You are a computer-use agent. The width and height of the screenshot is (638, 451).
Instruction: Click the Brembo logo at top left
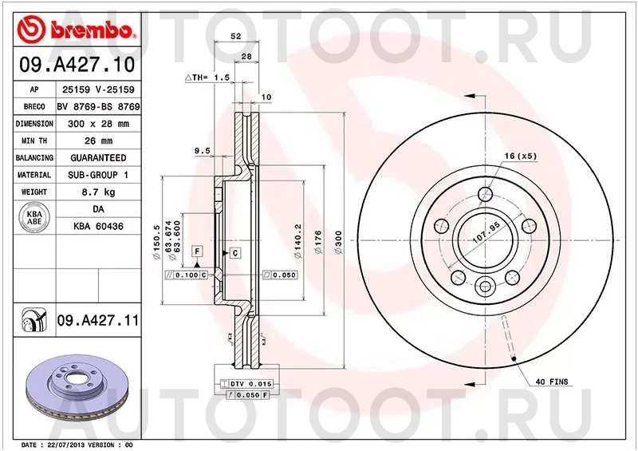pos(76,30)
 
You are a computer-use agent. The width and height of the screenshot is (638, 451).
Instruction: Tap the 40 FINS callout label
pos(549,382)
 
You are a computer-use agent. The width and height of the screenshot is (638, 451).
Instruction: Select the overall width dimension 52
pos(236,36)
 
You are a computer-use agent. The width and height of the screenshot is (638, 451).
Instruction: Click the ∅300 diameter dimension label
pos(338,239)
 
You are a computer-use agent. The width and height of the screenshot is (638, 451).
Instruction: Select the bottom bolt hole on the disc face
pos(486,284)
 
